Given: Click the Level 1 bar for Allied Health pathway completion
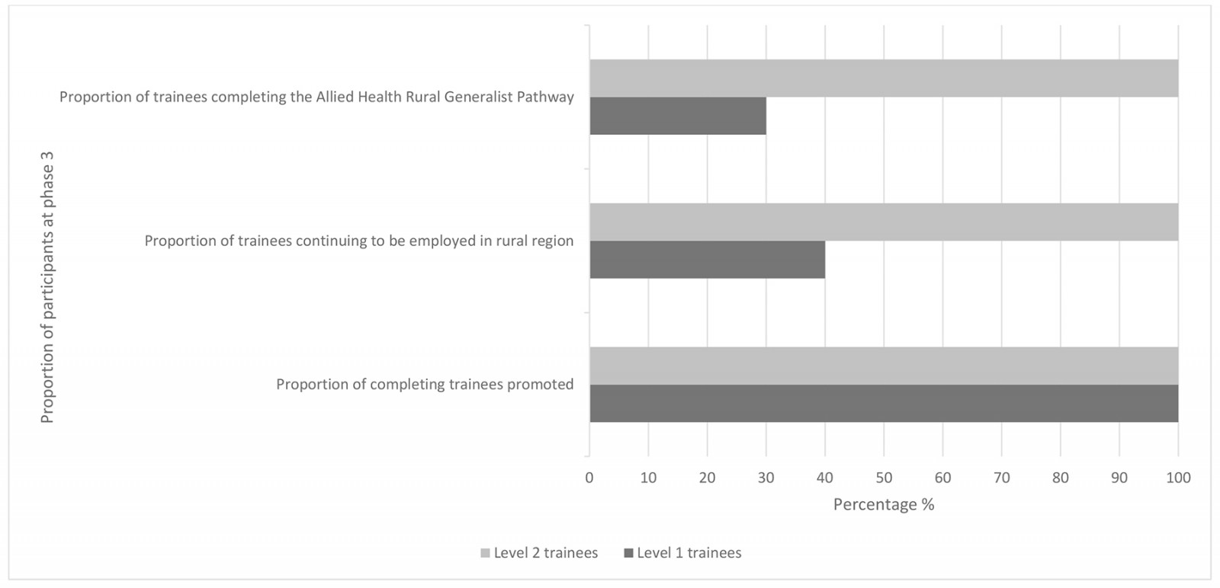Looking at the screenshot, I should point(677,116).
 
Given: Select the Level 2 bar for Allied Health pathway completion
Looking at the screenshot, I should point(883,78).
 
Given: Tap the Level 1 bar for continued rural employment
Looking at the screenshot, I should point(707,260).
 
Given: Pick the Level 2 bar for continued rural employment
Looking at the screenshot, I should point(883,222).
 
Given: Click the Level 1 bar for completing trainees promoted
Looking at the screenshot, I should point(883,404).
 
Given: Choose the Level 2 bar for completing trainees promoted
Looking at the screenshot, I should point(883,366).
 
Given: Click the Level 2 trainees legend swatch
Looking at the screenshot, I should point(485,553).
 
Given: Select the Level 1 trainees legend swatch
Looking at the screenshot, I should point(628,553).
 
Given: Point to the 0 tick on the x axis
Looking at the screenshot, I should point(589,478).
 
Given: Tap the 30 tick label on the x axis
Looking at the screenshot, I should point(766,478).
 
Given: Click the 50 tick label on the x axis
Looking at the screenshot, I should point(884,478).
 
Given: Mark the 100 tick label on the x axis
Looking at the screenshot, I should point(1178,478).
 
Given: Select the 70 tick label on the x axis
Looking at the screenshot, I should point(1001,478).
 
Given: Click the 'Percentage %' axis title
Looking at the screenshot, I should point(883,504).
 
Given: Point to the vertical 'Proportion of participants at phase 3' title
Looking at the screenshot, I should point(47,288).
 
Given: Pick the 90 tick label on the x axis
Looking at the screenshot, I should point(1119,478).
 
